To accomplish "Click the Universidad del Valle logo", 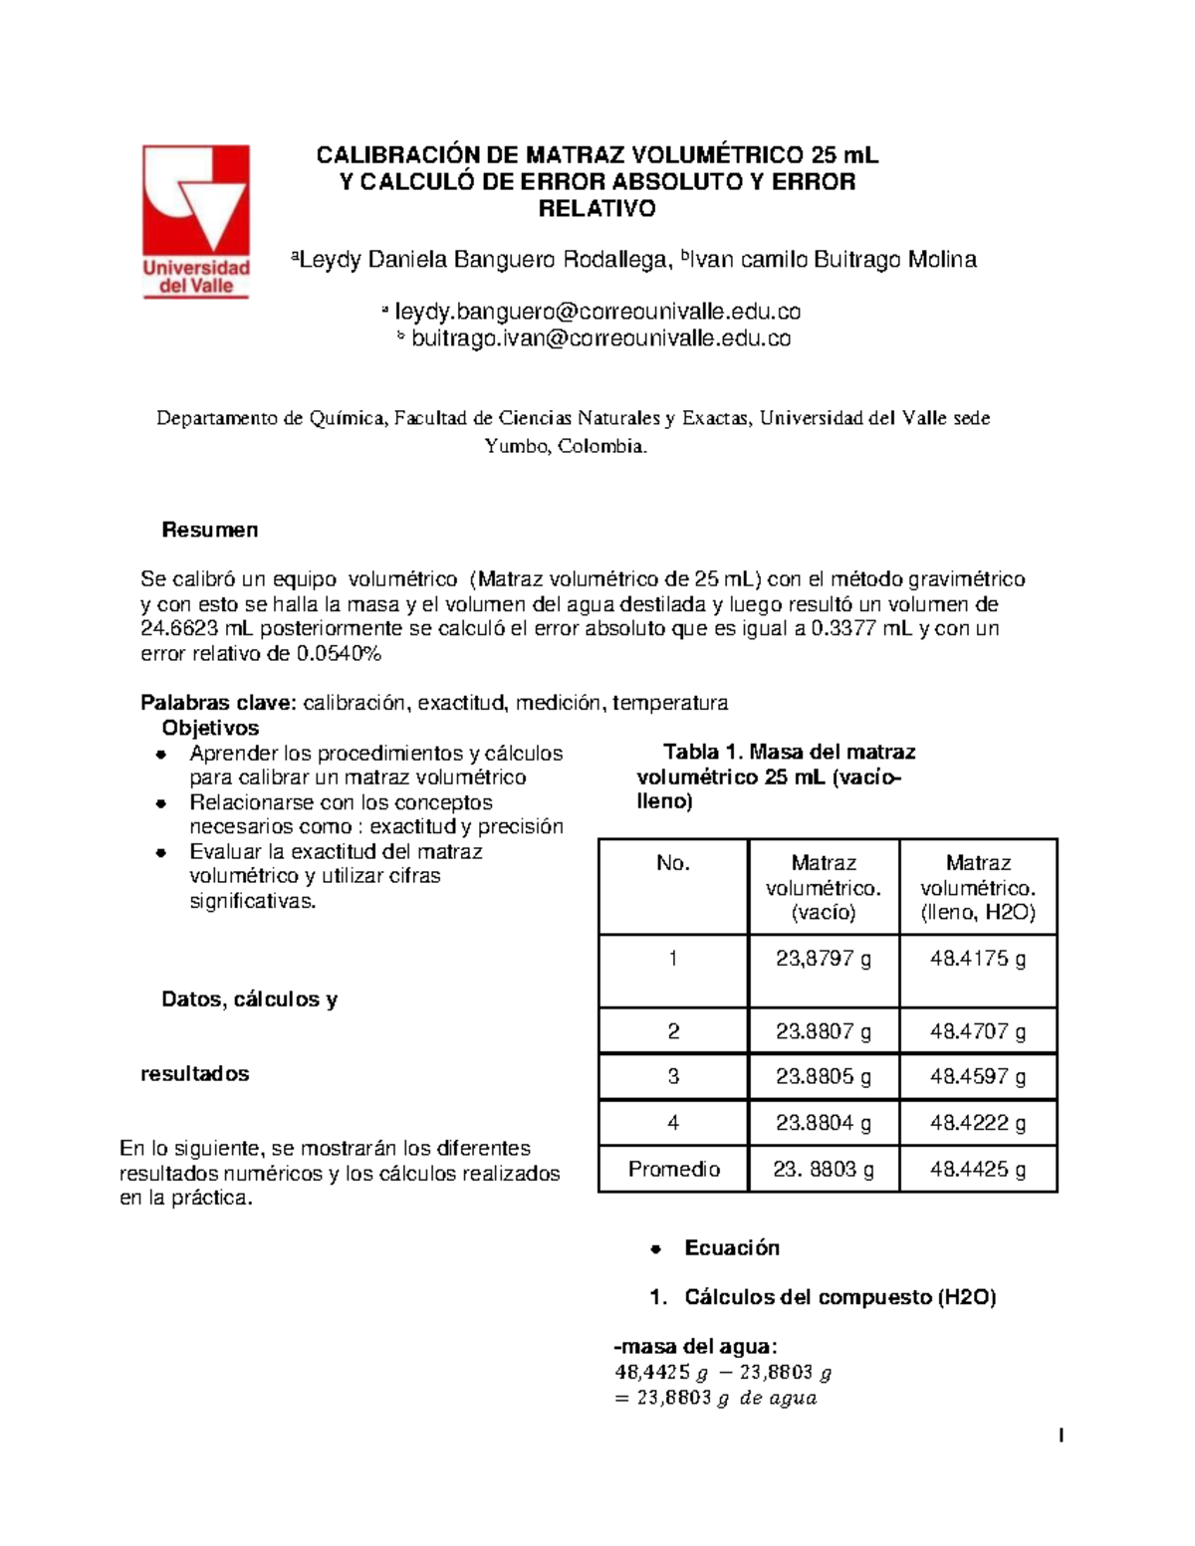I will [195, 221].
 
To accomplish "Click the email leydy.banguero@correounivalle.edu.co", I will [597, 312].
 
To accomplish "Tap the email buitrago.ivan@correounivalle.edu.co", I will [600, 338].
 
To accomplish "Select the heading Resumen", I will [210, 530].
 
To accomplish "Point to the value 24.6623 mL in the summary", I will [194, 629].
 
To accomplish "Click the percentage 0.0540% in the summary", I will [339, 654].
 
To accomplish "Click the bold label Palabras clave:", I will [218, 703].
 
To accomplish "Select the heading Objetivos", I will [210, 728].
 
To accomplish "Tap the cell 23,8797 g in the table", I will [823, 959].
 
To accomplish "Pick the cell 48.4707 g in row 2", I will [977, 1031].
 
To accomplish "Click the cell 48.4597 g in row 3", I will [977, 1077].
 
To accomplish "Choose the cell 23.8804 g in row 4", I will [823, 1123].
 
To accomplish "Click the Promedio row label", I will [673, 1169].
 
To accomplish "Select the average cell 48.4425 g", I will [977, 1169].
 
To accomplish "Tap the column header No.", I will [673, 863].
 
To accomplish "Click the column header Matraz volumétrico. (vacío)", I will [823, 887].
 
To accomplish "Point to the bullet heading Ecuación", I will [731, 1248].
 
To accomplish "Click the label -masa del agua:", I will [695, 1347].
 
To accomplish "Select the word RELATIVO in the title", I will [597, 209].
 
